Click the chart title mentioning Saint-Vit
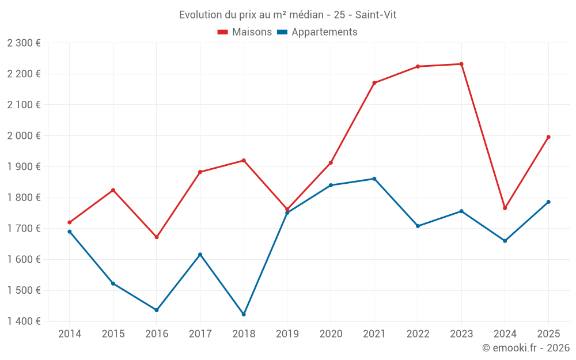click(287, 14)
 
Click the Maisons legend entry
click(244, 32)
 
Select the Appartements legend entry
click(317, 32)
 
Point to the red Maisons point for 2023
click(461, 64)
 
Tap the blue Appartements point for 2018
click(244, 314)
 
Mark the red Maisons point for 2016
click(157, 237)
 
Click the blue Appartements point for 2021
click(374, 179)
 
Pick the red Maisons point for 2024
click(505, 208)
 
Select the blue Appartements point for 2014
click(70, 232)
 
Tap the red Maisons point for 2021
click(374, 83)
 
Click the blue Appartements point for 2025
click(548, 202)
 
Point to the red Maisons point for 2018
click(244, 161)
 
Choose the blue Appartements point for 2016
click(157, 310)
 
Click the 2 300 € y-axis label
click(24, 43)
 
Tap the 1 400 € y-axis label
click(24, 321)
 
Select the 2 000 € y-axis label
click(24, 136)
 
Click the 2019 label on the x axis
click(287, 334)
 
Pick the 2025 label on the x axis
click(548, 334)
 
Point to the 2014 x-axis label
click(70, 334)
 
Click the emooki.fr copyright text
click(525, 348)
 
